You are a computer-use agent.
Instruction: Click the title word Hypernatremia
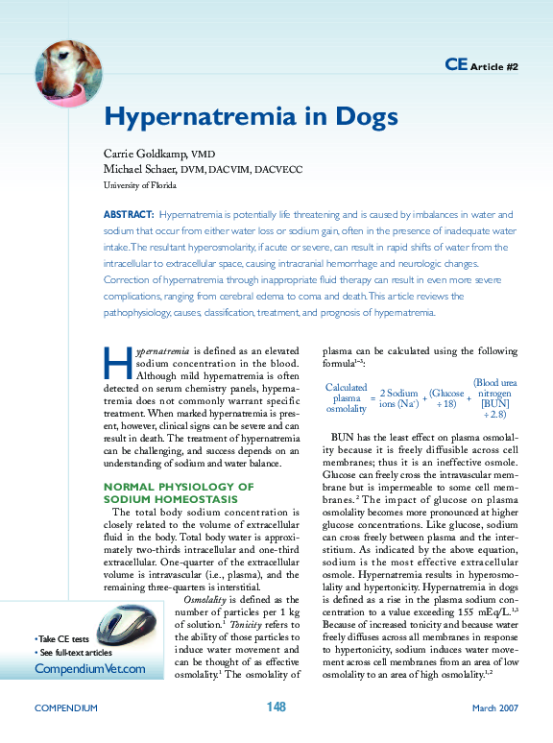point(207,118)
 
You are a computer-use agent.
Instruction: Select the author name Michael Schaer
point(148,169)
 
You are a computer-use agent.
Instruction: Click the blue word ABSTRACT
point(128,215)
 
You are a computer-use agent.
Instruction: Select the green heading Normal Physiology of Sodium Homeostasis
point(179,493)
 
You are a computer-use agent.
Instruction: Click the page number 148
point(276,707)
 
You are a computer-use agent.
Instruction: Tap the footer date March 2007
point(494,707)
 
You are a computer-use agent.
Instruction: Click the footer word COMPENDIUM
point(66,707)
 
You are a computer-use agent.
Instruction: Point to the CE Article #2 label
point(482,65)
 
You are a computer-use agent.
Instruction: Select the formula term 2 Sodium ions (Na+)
point(398,398)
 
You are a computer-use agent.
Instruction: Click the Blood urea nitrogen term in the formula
point(495,398)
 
